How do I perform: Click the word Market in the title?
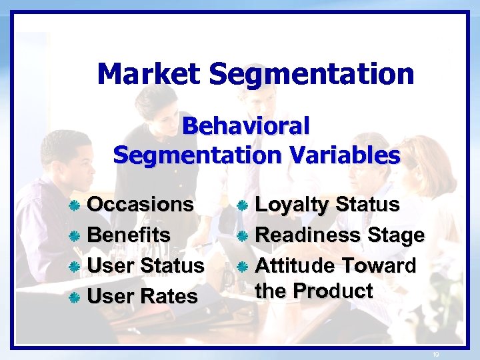(149, 74)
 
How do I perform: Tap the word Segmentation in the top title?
(311, 74)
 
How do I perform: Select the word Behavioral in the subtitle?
(246, 125)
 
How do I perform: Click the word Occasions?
(141, 204)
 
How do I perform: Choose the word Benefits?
(129, 235)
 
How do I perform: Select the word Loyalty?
(293, 205)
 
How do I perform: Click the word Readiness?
(308, 235)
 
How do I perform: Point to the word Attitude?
(295, 265)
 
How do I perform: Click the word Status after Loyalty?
(368, 205)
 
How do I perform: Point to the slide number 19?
(437, 354)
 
